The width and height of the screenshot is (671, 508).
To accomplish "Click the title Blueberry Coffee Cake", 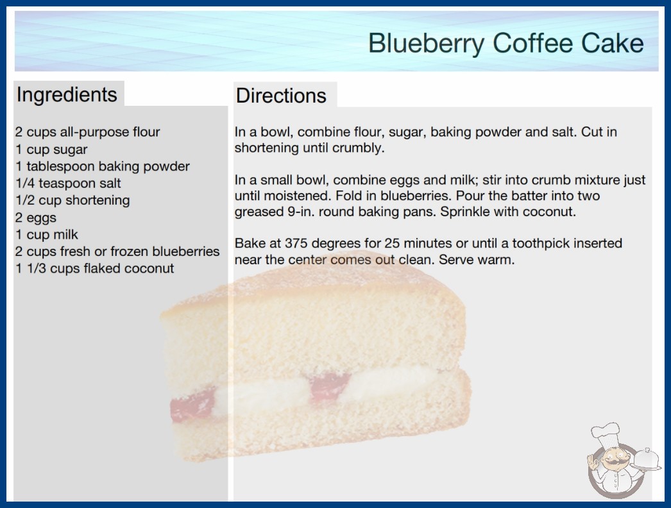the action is pos(506,43).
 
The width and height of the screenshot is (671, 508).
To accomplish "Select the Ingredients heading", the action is pos(67,95).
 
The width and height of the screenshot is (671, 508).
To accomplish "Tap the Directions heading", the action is pos(281,96).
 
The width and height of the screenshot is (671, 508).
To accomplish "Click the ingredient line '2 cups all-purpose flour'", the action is pos(87,132).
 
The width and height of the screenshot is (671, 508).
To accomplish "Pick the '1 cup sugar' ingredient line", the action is pos(51,150).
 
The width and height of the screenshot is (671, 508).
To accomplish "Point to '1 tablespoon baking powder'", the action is pos(102,167).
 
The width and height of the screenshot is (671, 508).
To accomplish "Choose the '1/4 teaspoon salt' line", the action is pos(68,183).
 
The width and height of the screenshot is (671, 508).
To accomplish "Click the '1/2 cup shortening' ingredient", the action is pos(72,200).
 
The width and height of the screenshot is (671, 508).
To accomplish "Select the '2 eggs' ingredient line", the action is pos(35,218).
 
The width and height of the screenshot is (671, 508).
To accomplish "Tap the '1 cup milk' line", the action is pos(47,235).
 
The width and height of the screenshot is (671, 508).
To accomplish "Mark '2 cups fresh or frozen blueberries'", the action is pos(117,251).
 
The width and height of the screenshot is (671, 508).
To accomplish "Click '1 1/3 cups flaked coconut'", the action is pos(94,268).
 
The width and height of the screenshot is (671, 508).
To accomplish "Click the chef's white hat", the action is pos(606,433).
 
